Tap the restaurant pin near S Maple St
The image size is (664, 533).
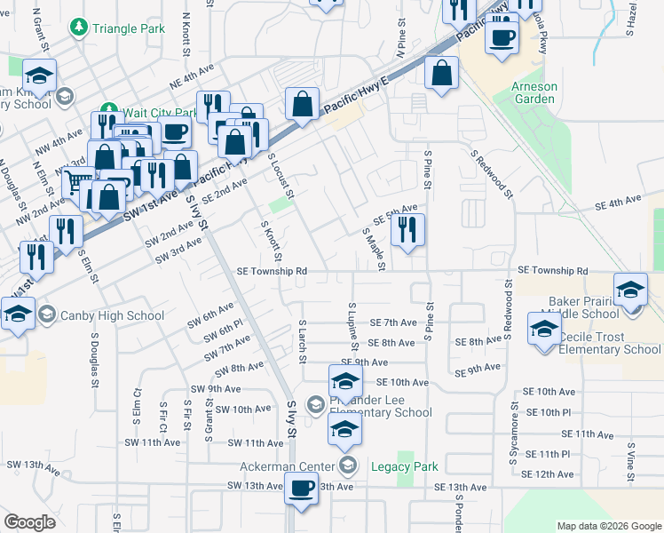point(407,231)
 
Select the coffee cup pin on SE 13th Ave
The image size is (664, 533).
point(302,489)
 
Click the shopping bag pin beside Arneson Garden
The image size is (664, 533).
point(441,75)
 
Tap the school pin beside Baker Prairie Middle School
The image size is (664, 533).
point(630,291)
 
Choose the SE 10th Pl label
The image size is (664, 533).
point(547,413)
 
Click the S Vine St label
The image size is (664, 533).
point(631,463)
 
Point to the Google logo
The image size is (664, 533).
point(29,521)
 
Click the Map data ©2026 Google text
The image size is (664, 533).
point(608,526)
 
